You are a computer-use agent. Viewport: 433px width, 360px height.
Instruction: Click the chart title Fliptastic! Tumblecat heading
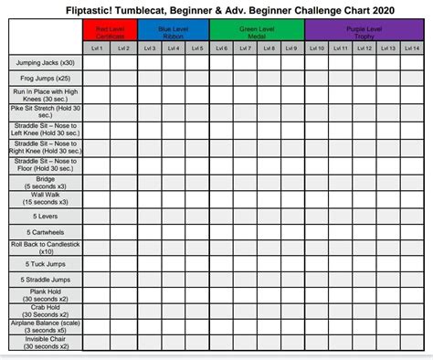point(216,8)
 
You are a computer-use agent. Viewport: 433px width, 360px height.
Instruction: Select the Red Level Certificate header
point(111,30)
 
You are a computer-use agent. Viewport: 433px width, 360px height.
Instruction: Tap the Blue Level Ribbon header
point(174,30)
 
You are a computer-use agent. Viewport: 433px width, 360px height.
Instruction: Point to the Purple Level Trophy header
point(363,30)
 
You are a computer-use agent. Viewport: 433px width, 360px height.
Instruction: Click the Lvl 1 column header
point(98,47)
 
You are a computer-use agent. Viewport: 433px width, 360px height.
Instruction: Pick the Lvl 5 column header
point(197,47)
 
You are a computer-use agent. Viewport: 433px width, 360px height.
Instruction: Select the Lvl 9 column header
point(290,47)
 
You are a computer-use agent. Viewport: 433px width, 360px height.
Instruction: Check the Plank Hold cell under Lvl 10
point(316,296)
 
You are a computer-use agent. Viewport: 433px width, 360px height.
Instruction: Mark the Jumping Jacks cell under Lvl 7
point(245,62)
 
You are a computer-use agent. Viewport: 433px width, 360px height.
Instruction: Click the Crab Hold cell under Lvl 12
point(363,312)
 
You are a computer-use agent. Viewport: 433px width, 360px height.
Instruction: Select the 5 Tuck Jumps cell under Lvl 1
point(98,264)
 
